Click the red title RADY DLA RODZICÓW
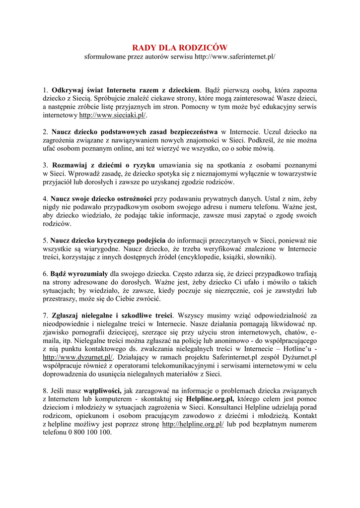[x=179, y=48]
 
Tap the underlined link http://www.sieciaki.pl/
[x=113, y=115]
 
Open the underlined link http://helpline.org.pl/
[x=193, y=424]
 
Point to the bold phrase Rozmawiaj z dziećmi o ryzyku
[x=104, y=165]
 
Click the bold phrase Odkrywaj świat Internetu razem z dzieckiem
[x=126, y=90]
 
